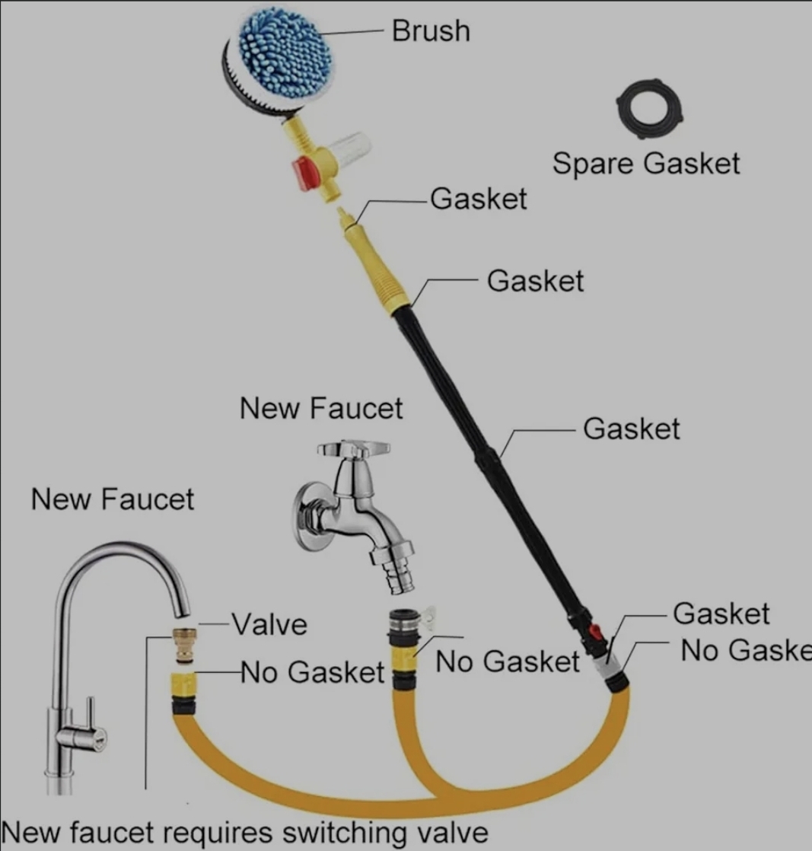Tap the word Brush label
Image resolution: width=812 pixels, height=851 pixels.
(x=431, y=31)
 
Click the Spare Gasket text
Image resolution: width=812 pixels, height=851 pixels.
(x=645, y=164)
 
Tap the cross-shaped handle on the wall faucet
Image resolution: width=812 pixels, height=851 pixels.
(x=353, y=450)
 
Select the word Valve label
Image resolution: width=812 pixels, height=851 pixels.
(x=269, y=625)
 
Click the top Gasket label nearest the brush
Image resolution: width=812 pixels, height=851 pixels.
(x=479, y=199)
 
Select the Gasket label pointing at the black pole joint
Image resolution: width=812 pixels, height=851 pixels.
(x=632, y=429)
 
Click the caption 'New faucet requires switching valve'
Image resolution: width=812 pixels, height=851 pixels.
(x=244, y=832)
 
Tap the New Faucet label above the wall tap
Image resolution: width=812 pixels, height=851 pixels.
(x=320, y=409)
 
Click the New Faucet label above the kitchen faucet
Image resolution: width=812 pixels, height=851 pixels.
(x=113, y=500)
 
